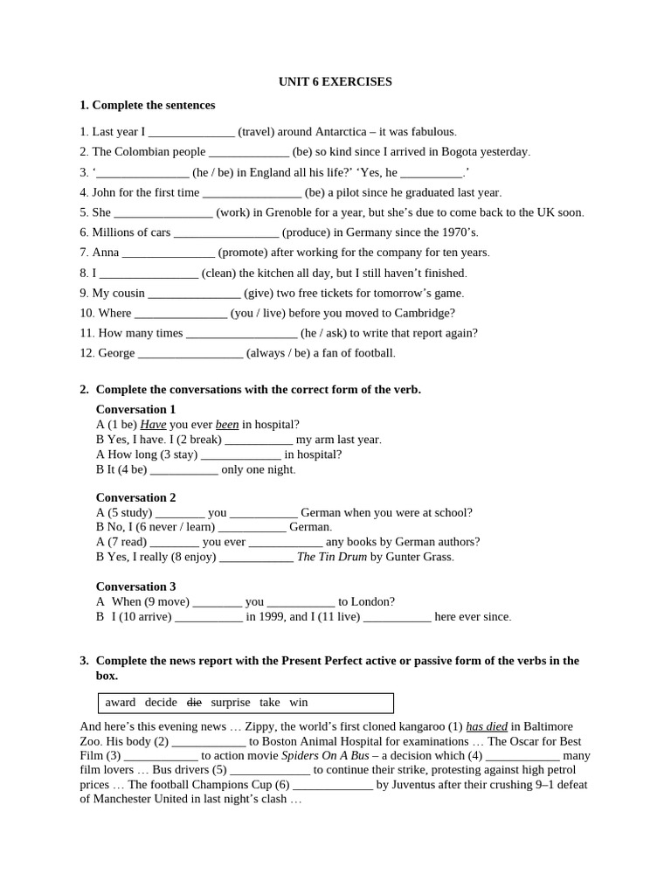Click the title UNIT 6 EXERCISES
click(335, 81)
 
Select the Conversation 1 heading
click(135, 409)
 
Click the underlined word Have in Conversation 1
click(153, 424)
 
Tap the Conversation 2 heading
click(135, 497)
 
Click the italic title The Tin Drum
click(332, 556)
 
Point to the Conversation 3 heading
click(135, 586)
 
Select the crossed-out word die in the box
click(194, 702)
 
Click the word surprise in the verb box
click(230, 702)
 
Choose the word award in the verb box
click(121, 702)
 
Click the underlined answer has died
click(487, 726)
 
